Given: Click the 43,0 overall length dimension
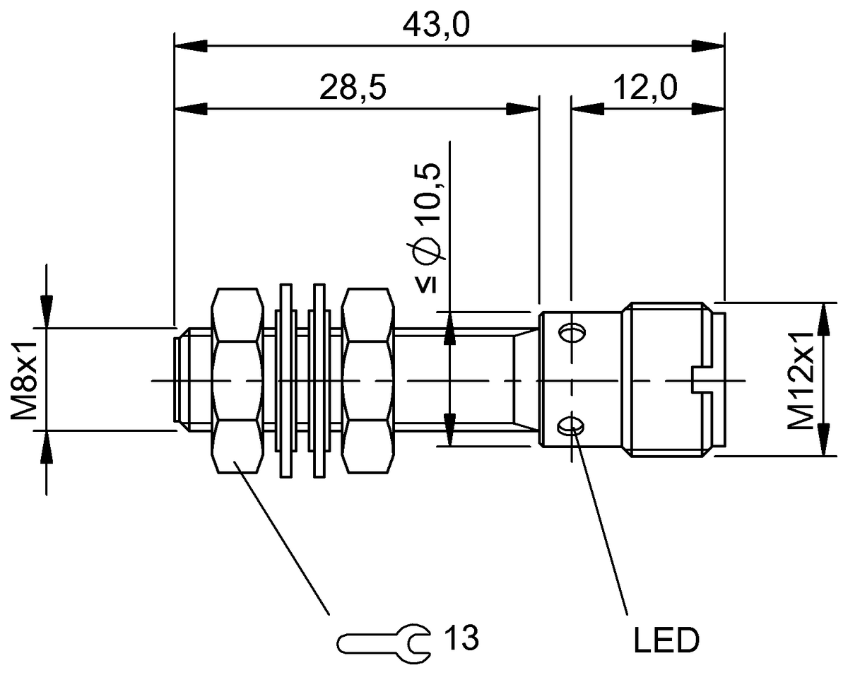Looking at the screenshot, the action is pos(436,26).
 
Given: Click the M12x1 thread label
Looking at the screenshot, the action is pos(801,381).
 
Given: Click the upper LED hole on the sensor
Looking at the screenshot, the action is pos(572,333).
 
